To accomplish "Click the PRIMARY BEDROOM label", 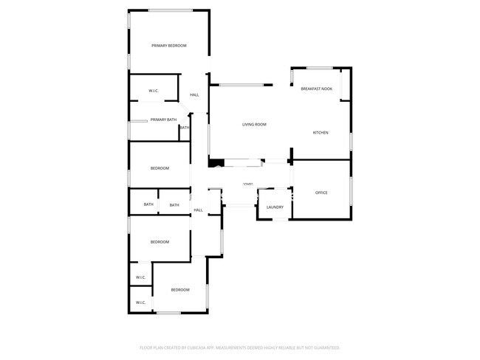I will pos(168,46).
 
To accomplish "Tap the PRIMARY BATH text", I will pos(163,120).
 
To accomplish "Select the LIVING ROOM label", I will pos(254,124).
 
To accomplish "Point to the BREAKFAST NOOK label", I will pos(316,89).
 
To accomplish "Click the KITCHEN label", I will pos(320,133).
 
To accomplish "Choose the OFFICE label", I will pos(321,193).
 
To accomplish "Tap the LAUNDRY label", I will pos(275,207).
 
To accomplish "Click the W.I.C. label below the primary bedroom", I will pos(154,91).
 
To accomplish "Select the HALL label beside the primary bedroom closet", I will pos(194,94).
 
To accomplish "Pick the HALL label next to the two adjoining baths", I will pos(198,210).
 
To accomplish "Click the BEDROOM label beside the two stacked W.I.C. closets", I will pos(180,290).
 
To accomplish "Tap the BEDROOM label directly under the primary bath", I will pos(160,168).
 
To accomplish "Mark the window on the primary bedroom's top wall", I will pos(170,10).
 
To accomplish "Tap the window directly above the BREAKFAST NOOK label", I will pos(318,68).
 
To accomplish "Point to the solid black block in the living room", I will pos(216,163).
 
